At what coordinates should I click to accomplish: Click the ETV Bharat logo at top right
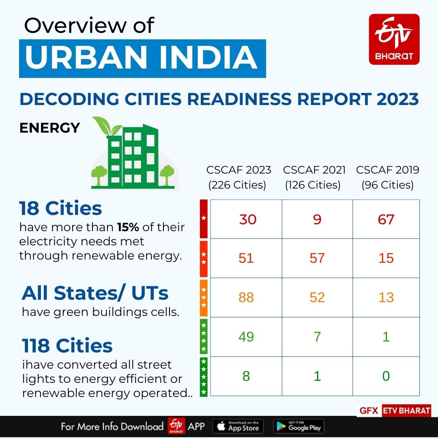click(394, 39)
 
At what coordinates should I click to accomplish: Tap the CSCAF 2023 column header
click(238, 177)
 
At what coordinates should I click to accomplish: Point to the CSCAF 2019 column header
click(387, 177)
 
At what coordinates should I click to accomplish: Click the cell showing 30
click(247, 219)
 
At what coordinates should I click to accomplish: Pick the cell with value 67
click(386, 219)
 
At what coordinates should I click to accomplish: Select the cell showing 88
click(246, 297)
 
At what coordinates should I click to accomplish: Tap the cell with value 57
click(317, 258)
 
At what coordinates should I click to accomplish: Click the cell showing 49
click(246, 337)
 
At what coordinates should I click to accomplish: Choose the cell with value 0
click(386, 376)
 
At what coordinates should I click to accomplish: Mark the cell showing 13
click(386, 297)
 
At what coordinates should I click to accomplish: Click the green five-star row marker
click(204, 376)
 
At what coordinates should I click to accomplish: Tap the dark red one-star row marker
click(204, 219)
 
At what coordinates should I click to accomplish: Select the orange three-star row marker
click(204, 297)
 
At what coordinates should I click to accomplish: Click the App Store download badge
click(238, 427)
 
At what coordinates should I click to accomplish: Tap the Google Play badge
click(298, 427)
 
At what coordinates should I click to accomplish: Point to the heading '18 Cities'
click(61, 208)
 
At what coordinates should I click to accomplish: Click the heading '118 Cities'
click(67, 346)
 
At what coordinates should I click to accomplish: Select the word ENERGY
click(49, 128)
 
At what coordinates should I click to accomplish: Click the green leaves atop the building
click(106, 125)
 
